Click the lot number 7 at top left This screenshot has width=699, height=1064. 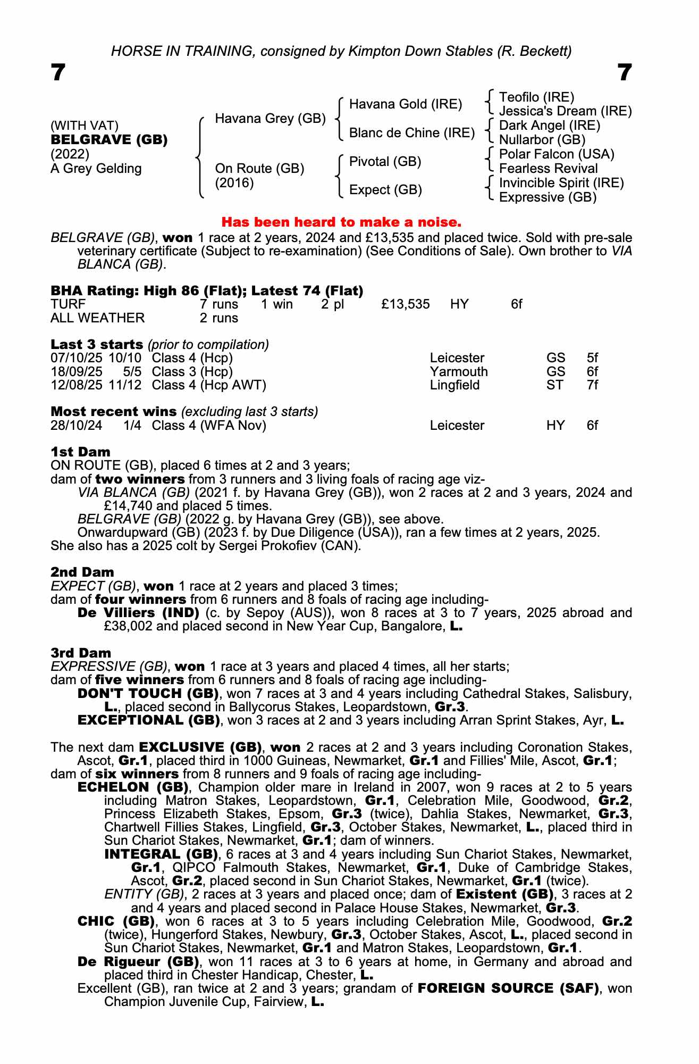pos(58,72)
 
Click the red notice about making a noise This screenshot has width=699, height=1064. pos(341,221)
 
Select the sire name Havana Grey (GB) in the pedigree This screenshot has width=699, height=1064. pos(270,119)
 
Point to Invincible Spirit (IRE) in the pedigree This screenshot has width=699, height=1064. pos(561,183)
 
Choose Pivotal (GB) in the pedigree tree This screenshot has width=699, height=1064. pos(385,161)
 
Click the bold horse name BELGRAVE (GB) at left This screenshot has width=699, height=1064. pos(109,140)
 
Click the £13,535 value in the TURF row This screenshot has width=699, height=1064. pos(406,304)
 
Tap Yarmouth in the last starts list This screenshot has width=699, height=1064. pos(459,372)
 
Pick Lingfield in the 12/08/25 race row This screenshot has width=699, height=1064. pos(454,385)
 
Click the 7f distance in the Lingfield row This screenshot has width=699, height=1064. pos(592,385)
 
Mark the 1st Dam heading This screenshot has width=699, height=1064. pos(80,452)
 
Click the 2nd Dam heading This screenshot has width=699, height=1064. pos(82,572)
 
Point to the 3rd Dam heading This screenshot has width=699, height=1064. pos(81,653)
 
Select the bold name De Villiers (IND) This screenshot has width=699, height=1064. pos(138,613)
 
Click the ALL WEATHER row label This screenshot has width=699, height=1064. pos(97,318)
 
